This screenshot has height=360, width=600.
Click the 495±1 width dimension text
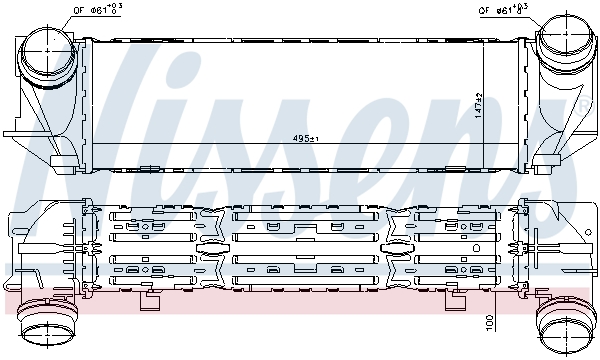coord(305,138)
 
